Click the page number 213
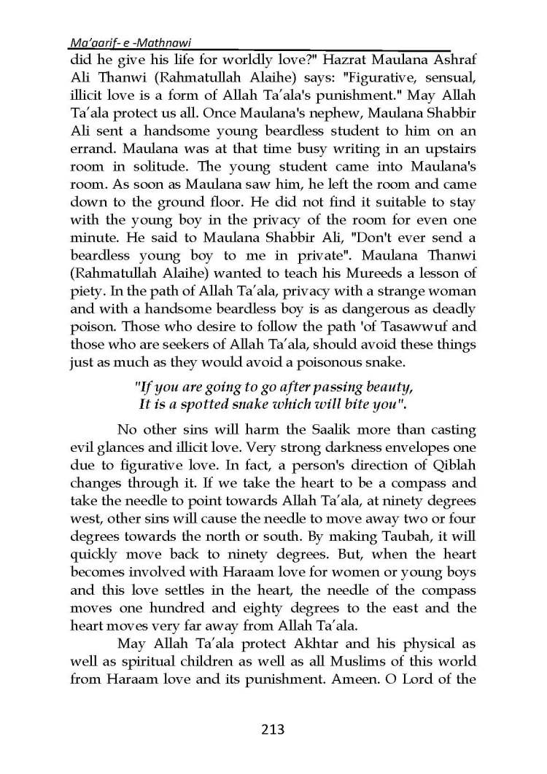(x=273, y=728)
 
